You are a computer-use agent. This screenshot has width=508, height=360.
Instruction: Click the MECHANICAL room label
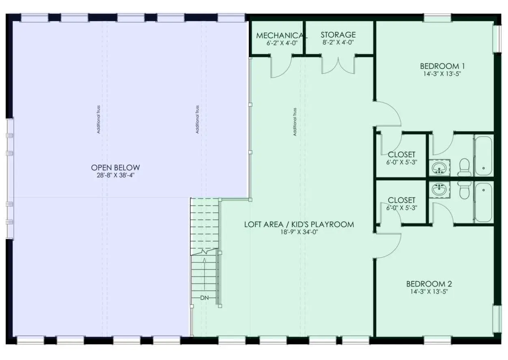click(x=282, y=35)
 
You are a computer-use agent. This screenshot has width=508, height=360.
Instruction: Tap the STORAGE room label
click(x=338, y=35)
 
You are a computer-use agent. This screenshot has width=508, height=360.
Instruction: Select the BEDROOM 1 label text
click(x=442, y=66)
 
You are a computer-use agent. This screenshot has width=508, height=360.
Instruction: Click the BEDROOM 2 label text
click(x=429, y=284)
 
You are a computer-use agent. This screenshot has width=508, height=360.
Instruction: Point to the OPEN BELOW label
click(x=115, y=168)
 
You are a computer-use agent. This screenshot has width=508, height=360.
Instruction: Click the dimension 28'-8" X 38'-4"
click(x=116, y=175)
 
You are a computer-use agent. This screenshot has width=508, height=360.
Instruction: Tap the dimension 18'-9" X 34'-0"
click(x=299, y=232)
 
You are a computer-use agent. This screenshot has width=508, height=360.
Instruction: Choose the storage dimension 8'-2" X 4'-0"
click(x=338, y=43)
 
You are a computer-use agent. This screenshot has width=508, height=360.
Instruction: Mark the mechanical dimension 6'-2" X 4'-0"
click(x=282, y=43)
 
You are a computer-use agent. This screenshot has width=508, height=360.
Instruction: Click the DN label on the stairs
click(x=204, y=298)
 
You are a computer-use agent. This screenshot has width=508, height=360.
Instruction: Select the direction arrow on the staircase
click(x=204, y=274)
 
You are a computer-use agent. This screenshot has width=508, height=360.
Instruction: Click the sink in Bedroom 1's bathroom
click(x=439, y=168)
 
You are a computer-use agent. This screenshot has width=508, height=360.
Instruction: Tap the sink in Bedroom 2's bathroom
click(x=439, y=189)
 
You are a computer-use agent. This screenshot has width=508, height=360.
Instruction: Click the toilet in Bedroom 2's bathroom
click(x=464, y=190)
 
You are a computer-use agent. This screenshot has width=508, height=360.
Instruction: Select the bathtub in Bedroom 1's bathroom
click(x=483, y=156)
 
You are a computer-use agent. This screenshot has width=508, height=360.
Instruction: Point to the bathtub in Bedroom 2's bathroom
click(x=483, y=203)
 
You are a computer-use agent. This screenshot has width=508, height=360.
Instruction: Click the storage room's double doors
click(x=338, y=65)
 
